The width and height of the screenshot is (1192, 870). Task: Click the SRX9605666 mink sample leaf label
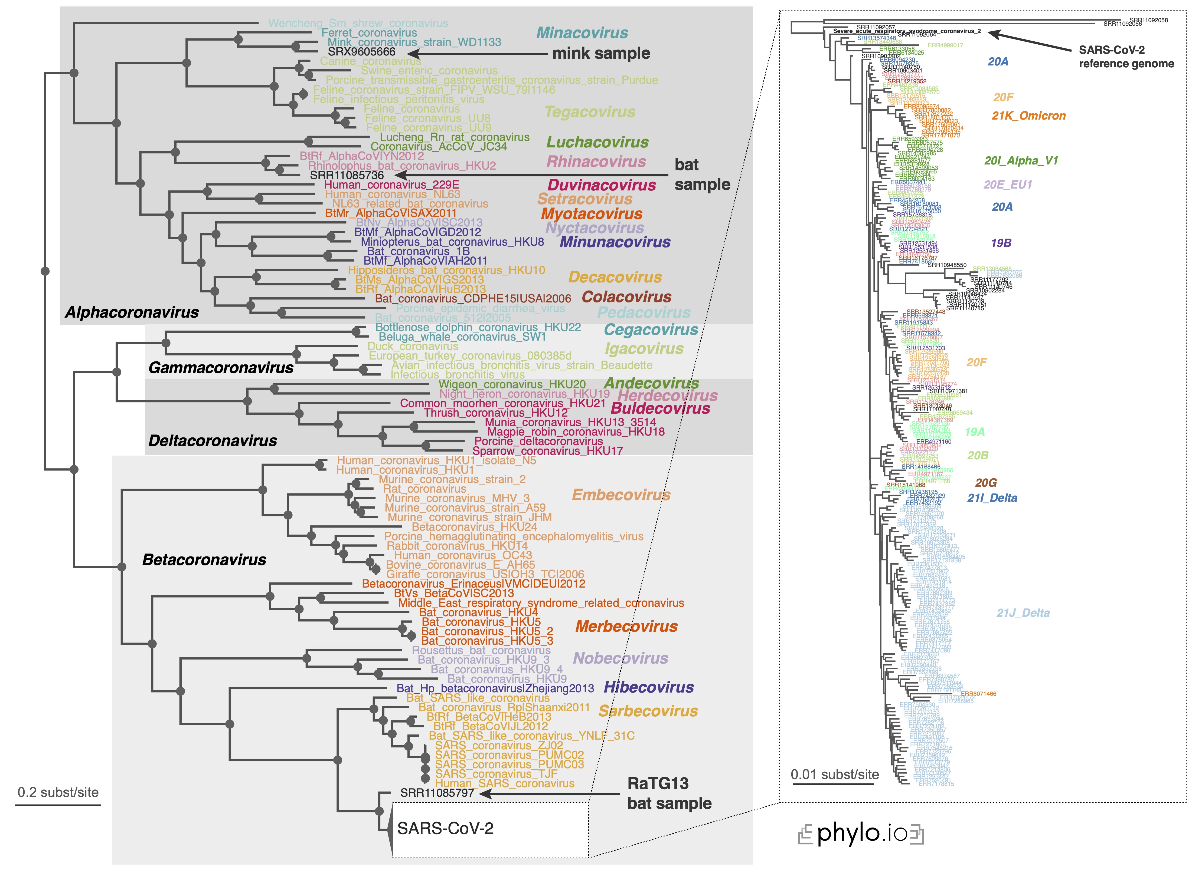[361, 52]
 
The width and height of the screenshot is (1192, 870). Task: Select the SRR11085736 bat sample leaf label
[347, 175]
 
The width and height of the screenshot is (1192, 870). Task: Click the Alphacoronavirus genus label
[132, 312]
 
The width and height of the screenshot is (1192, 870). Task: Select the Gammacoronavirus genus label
[221, 368]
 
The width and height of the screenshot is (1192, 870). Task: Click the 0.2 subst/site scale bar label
[58, 793]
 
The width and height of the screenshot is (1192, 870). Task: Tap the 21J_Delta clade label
[1023, 613]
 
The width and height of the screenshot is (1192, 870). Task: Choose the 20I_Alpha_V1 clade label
[1021, 161]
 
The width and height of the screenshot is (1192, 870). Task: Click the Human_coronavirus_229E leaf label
[391, 185]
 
